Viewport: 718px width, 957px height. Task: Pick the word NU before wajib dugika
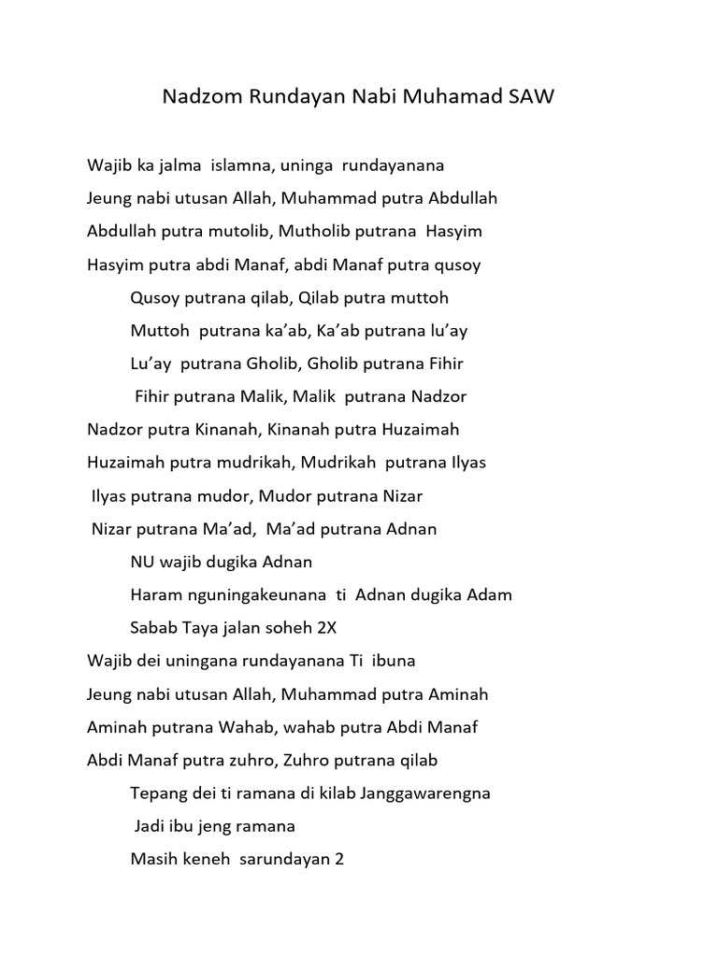click(143, 563)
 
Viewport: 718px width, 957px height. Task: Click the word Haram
click(153, 595)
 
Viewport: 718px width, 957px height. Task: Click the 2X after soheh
click(323, 628)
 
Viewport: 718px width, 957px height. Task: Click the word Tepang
click(158, 793)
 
